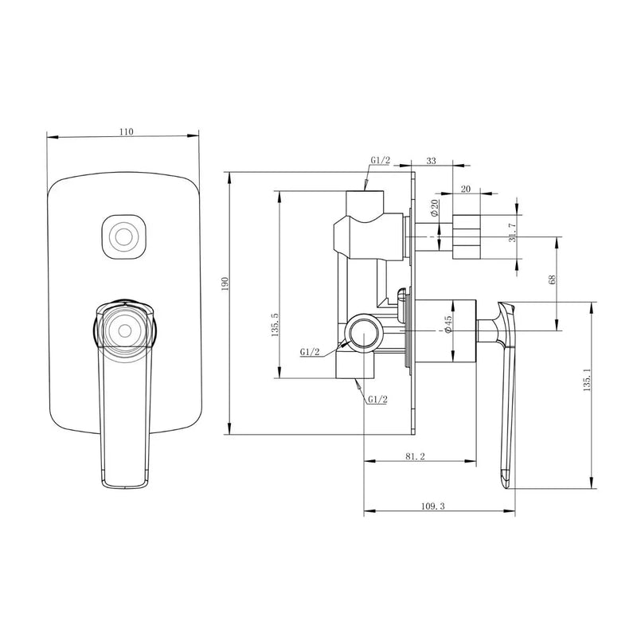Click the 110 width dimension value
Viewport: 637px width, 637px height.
coord(124,132)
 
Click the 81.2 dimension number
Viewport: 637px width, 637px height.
coord(414,457)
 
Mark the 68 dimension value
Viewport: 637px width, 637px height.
coord(552,280)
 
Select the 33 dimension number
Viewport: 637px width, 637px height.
coord(431,161)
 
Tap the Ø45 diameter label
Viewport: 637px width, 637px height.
coord(449,325)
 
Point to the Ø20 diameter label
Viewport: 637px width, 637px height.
coord(435,209)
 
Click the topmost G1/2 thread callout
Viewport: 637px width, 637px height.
coord(380,160)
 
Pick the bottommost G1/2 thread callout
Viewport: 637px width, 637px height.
coord(377,399)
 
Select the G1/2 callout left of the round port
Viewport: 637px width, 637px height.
coord(311,352)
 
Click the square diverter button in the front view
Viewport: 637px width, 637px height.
coord(123,237)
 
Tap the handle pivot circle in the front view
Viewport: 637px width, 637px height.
coord(123,328)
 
